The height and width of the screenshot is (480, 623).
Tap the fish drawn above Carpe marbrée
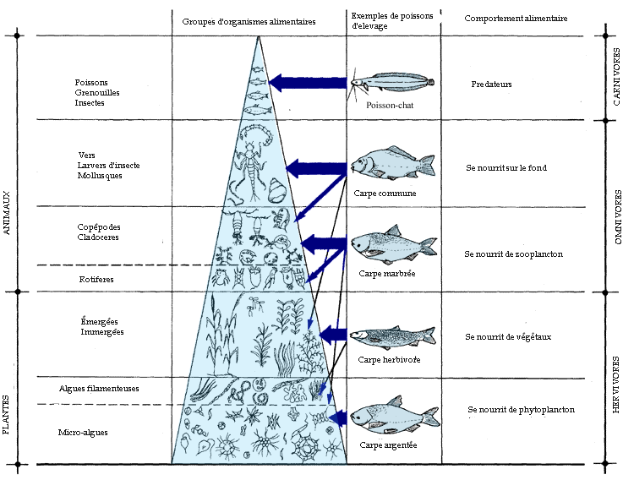393,246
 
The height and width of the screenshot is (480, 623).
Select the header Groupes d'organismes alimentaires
249,20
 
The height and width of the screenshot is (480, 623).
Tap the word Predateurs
491,85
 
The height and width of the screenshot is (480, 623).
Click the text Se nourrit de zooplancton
513,254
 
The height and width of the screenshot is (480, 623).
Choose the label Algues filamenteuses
99,389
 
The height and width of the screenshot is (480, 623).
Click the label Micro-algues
83,433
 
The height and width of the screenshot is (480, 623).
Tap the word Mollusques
100,176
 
